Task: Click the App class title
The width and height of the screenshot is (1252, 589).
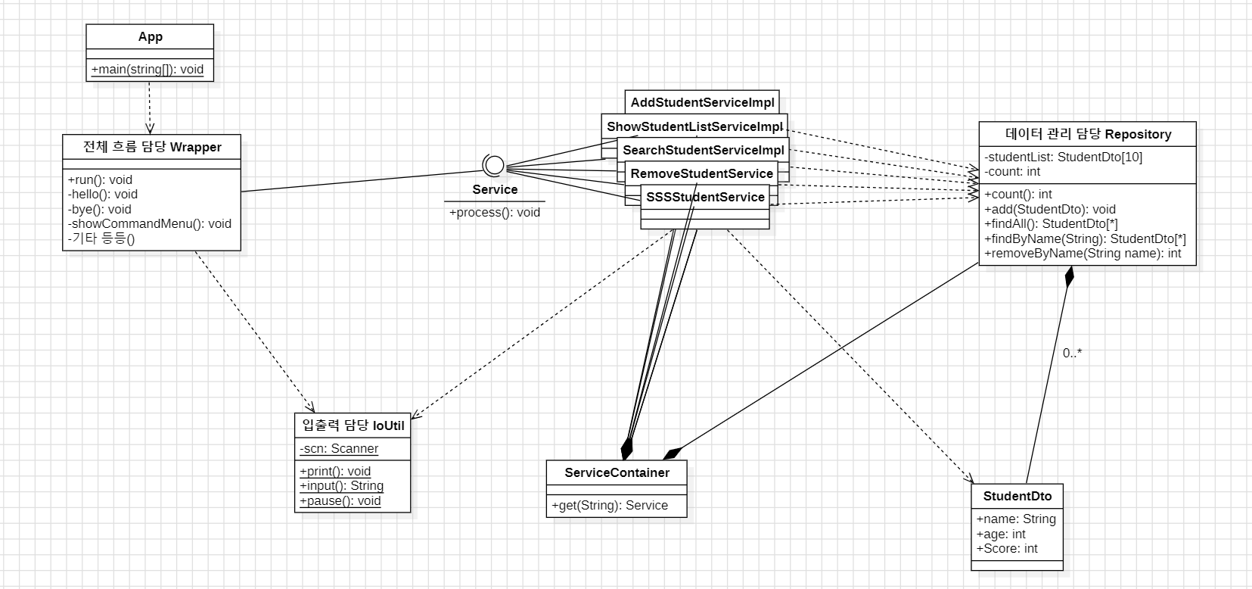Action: click(150, 37)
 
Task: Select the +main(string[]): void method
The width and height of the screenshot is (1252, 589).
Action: click(148, 70)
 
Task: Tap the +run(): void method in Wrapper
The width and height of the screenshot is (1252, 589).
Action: click(100, 179)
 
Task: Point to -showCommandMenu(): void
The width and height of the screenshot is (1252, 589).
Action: click(150, 224)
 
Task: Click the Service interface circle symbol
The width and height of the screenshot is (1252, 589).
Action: click(493, 165)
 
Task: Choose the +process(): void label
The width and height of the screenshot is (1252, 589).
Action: click(495, 213)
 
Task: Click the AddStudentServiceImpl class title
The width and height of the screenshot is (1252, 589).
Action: click(702, 102)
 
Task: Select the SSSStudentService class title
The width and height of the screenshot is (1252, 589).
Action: click(705, 197)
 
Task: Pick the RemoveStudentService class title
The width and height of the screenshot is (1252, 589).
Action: click(702, 173)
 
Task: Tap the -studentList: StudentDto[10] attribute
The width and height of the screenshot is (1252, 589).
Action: click(1064, 157)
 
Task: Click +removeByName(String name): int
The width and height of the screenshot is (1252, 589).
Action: click(1083, 254)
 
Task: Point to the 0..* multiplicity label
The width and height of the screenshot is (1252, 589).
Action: click(1072, 353)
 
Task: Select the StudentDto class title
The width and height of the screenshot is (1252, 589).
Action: click(1017, 497)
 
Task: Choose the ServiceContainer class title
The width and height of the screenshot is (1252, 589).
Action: click(617, 473)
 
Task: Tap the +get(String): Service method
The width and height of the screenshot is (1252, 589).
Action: click(610, 506)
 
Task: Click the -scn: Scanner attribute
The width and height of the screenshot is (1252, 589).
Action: click(339, 449)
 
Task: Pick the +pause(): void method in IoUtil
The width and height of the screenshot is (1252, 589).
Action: click(340, 501)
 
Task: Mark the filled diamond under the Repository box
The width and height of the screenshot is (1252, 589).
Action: click(1069, 276)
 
